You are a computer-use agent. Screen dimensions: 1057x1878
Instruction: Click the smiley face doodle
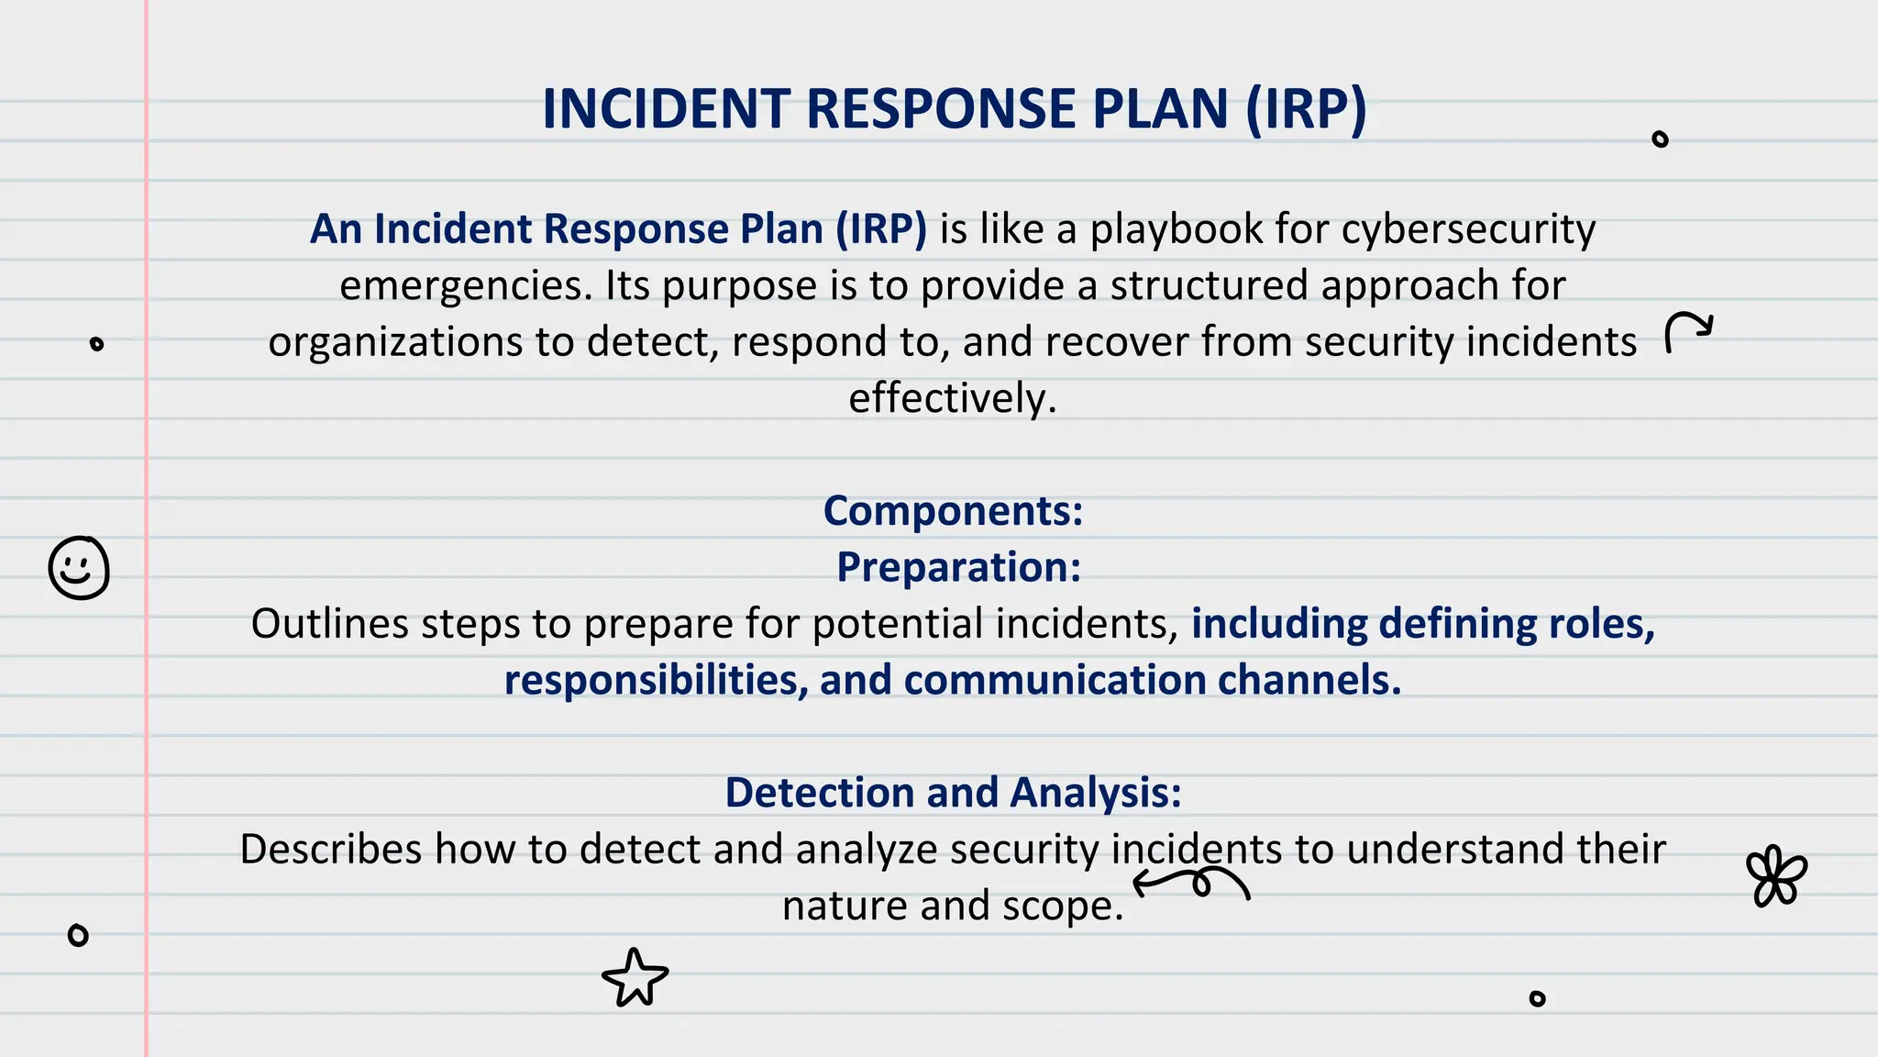[x=79, y=568]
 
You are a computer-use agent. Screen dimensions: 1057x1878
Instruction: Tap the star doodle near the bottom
[x=635, y=978]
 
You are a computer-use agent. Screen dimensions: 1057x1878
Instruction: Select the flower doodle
[x=1776, y=876]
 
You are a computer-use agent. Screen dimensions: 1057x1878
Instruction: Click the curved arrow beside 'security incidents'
[x=1687, y=331]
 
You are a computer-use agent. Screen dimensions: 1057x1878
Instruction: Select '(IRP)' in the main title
[x=1306, y=109]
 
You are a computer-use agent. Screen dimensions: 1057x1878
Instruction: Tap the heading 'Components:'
[x=953, y=511]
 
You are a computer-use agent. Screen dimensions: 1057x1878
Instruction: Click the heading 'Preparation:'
[x=958, y=567]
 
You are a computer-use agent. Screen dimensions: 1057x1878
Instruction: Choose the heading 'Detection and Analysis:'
[x=953, y=793]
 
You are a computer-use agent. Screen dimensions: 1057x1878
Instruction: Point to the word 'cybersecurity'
[x=1467, y=229]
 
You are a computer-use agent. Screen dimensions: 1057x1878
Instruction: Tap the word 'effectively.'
[x=953, y=398]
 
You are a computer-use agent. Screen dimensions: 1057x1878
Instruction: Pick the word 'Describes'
[x=331, y=850]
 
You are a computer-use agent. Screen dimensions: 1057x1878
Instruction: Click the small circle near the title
[x=1660, y=139]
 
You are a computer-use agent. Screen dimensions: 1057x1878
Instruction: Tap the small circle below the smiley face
[x=78, y=935]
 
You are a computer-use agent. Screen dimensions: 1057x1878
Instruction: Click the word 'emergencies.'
[x=467, y=286]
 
